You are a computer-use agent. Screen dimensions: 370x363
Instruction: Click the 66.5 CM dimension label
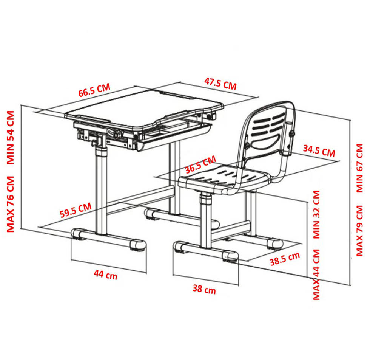[x=94, y=90]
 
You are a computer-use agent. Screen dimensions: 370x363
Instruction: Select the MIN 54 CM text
[x=11, y=138]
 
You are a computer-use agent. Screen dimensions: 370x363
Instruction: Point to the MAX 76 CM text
[x=11, y=204]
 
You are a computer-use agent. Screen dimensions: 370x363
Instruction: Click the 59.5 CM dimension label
[x=76, y=210]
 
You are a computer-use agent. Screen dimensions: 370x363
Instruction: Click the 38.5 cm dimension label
[x=285, y=259]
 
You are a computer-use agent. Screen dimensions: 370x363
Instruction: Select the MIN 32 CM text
[x=316, y=214]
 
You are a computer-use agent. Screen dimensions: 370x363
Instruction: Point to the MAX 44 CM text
[x=316, y=275]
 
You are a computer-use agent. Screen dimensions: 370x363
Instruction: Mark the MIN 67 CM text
[x=359, y=168]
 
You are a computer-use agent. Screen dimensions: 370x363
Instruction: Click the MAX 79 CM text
[x=359, y=231]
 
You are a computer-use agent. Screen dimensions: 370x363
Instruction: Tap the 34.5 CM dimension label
[x=319, y=151]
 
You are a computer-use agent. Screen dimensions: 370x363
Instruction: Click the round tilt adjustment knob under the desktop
[x=117, y=134]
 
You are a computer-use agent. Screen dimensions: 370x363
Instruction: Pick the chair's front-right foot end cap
[x=230, y=256]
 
